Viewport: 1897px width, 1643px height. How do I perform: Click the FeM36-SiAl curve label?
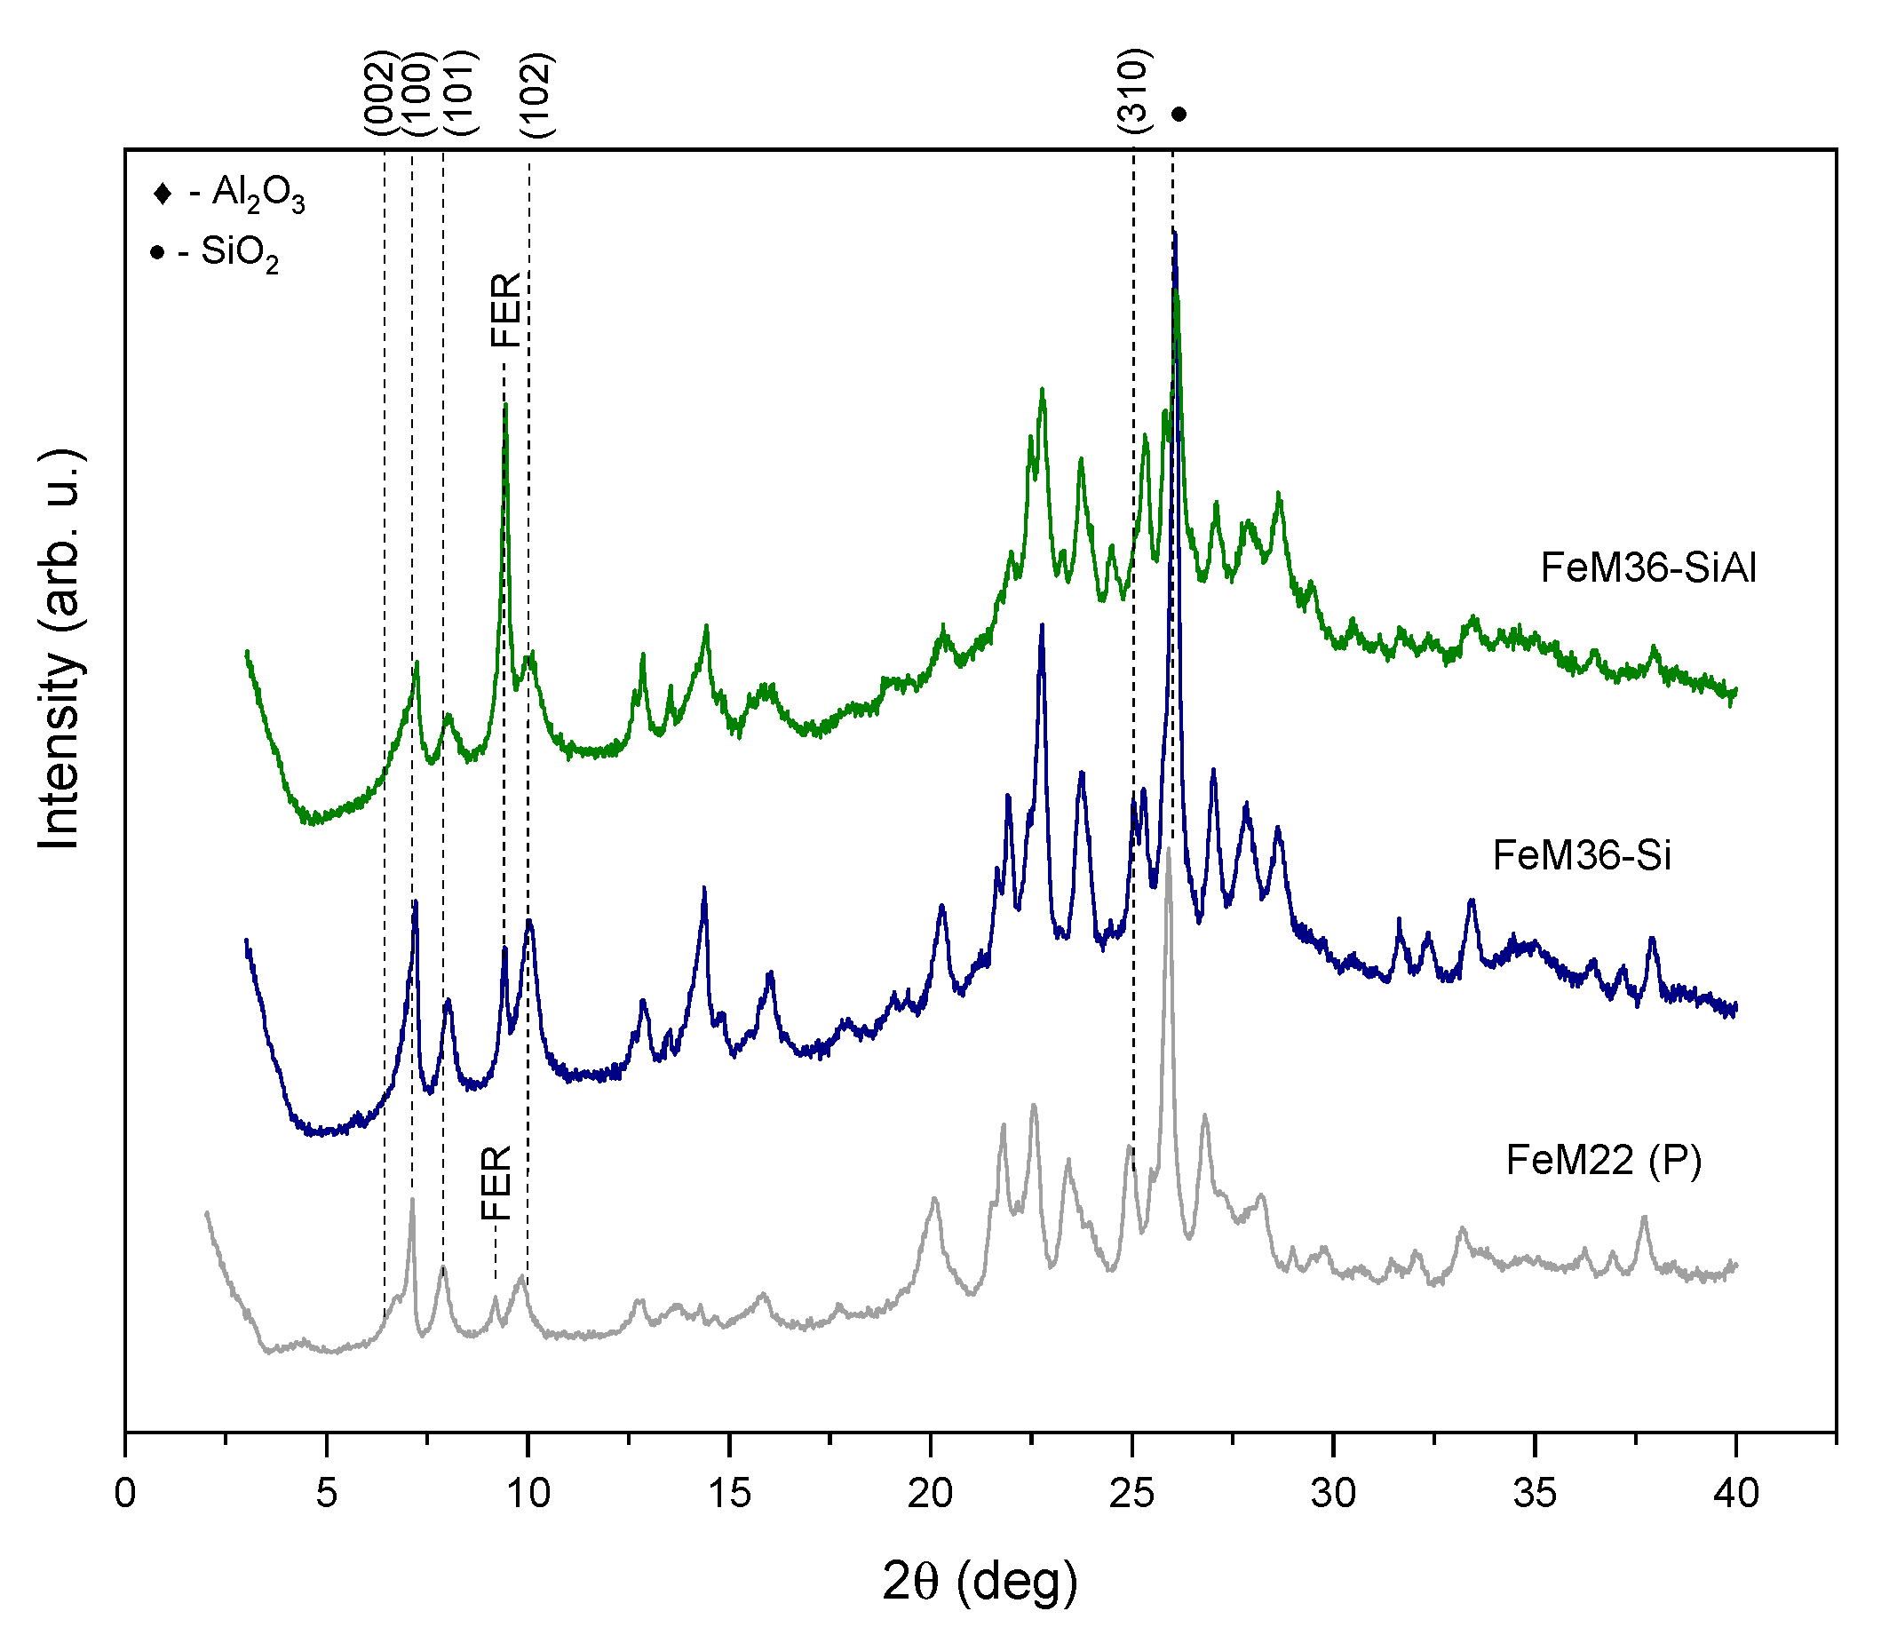[1647, 568]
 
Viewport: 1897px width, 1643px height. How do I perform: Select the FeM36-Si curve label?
[1582, 855]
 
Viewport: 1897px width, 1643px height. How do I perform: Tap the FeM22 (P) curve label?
[1603, 1161]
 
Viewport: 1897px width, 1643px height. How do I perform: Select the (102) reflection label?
[536, 96]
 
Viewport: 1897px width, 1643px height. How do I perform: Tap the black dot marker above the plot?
[1179, 115]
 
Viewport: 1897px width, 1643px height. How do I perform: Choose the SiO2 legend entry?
[217, 252]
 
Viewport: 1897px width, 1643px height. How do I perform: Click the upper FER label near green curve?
[505, 310]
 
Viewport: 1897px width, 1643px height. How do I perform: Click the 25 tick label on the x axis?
[1132, 1495]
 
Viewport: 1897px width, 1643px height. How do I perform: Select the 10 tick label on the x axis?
[528, 1495]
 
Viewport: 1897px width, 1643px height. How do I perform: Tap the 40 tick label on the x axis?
[1735, 1495]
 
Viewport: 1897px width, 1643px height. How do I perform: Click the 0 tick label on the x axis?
[125, 1495]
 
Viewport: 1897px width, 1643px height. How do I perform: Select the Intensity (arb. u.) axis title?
[60, 649]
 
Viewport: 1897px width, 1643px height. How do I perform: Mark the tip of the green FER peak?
[505, 406]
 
